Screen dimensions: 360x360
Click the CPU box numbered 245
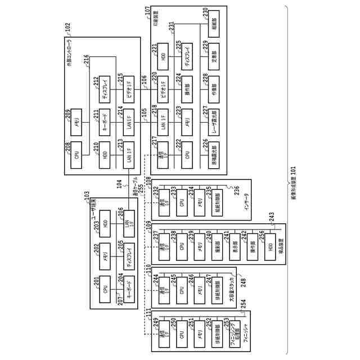coord(181,290)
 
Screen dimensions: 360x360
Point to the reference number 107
coord(147,11)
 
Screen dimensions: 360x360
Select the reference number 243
coord(271,215)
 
